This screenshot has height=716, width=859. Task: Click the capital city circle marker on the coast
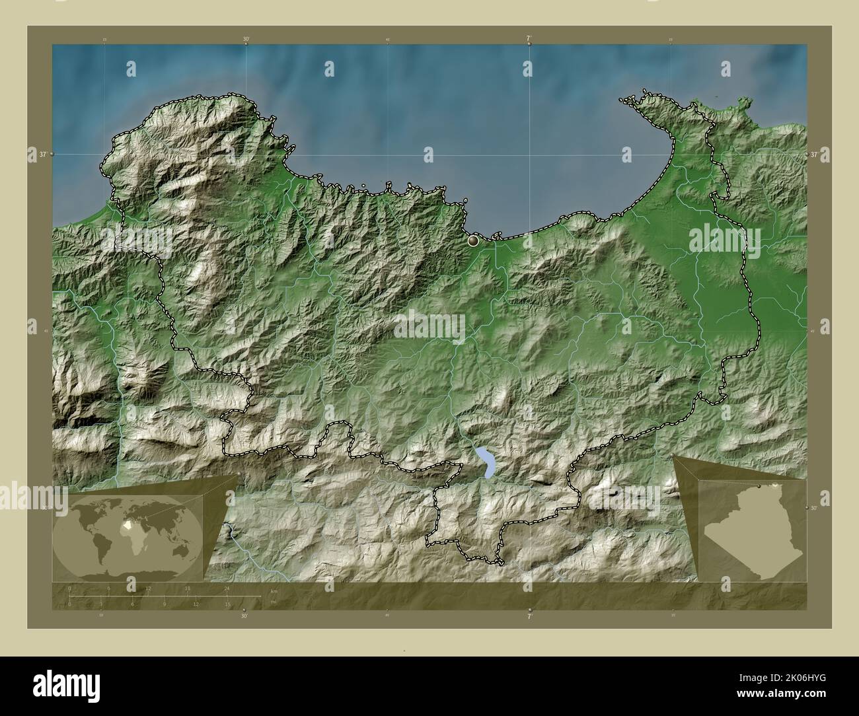coord(473,242)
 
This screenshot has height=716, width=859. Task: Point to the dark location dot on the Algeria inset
coord(761,486)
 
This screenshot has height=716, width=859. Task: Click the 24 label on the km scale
coord(227,588)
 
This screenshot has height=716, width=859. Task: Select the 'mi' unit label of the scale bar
coord(274,602)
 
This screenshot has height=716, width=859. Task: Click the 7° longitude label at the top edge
coord(529,40)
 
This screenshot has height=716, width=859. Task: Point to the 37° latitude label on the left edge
coord(43,154)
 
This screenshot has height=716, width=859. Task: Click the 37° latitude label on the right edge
coord(815,154)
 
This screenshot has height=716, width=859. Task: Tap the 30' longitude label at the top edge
coord(246,40)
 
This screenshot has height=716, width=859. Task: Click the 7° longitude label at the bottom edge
coord(529,616)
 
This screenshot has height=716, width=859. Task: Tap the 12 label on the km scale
coord(149,588)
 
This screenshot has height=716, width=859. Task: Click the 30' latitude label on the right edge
coord(815,508)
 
